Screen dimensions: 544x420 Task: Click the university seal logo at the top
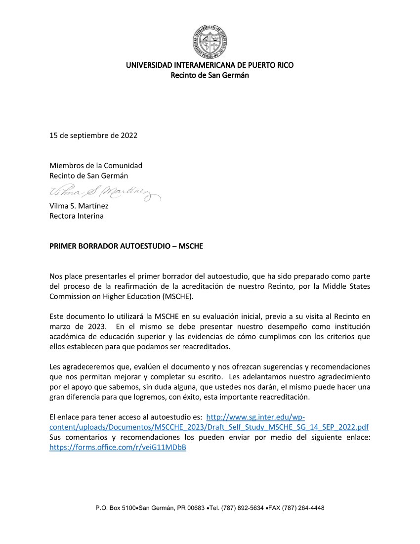210,41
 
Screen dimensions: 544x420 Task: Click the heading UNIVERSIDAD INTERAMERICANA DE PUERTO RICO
210,65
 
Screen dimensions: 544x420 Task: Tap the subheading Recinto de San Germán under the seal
210,75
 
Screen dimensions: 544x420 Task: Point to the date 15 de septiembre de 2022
93,136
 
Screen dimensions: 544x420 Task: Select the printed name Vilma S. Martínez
79,206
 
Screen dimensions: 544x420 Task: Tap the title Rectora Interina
77,216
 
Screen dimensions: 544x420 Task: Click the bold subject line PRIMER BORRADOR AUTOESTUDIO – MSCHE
126,246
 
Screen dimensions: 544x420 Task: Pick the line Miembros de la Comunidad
96,165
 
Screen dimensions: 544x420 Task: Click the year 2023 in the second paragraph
93,326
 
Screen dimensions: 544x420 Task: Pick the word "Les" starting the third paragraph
55,367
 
